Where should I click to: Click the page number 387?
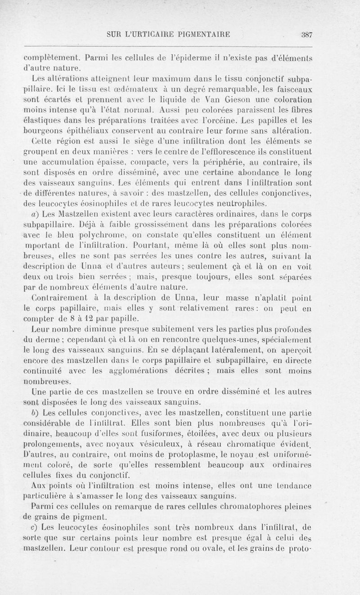(307, 34)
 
